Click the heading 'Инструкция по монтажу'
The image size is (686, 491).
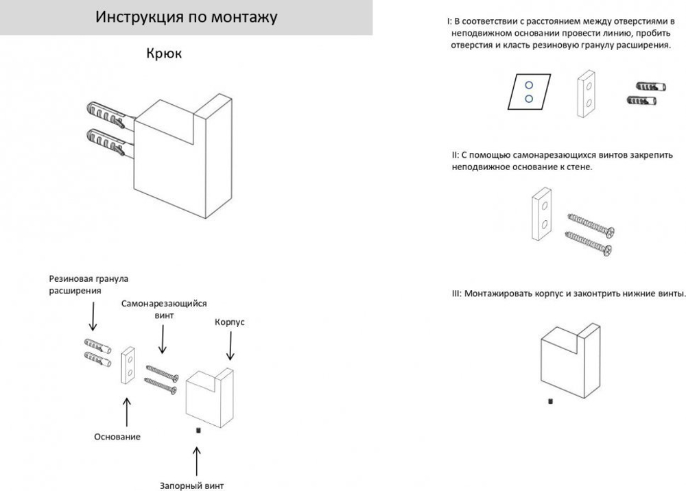(x=186, y=17)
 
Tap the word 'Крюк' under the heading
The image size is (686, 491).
(x=164, y=53)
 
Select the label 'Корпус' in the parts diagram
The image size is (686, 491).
(x=230, y=322)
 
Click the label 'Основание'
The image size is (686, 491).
(x=117, y=437)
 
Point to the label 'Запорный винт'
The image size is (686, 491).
(x=192, y=486)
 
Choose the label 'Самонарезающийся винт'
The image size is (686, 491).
(x=164, y=309)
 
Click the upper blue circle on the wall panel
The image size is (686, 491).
(x=529, y=86)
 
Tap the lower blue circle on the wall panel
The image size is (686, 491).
(x=529, y=99)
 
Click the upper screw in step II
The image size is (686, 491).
(x=591, y=224)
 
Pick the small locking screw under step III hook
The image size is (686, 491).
(x=550, y=401)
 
